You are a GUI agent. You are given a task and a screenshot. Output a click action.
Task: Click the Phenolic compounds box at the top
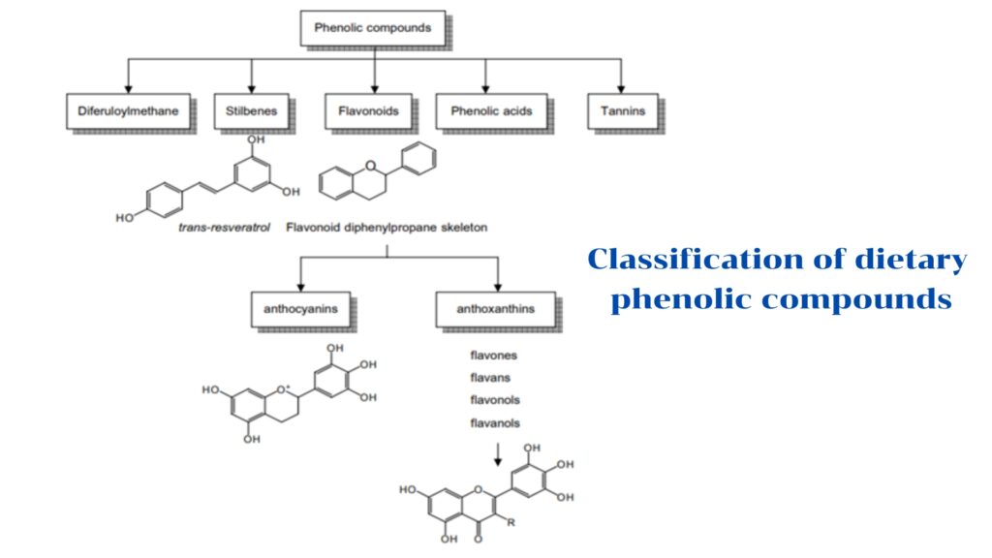[372, 29]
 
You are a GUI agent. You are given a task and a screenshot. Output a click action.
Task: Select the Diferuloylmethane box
[128, 111]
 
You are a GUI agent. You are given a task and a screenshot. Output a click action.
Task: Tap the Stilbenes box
[252, 111]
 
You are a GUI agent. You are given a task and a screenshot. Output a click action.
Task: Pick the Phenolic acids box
[491, 111]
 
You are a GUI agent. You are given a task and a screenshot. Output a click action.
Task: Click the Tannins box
[622, 111]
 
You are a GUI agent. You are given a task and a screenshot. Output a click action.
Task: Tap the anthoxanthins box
[494, 309]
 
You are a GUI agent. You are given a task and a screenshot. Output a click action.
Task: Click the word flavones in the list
[493, 355]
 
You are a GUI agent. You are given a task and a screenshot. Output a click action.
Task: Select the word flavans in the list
[490, 377]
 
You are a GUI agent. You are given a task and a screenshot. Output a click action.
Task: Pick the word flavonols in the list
[495, 400]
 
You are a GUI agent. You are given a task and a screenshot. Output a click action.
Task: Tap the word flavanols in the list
[495, 423]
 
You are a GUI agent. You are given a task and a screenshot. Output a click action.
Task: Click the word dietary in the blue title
[911, 261]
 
